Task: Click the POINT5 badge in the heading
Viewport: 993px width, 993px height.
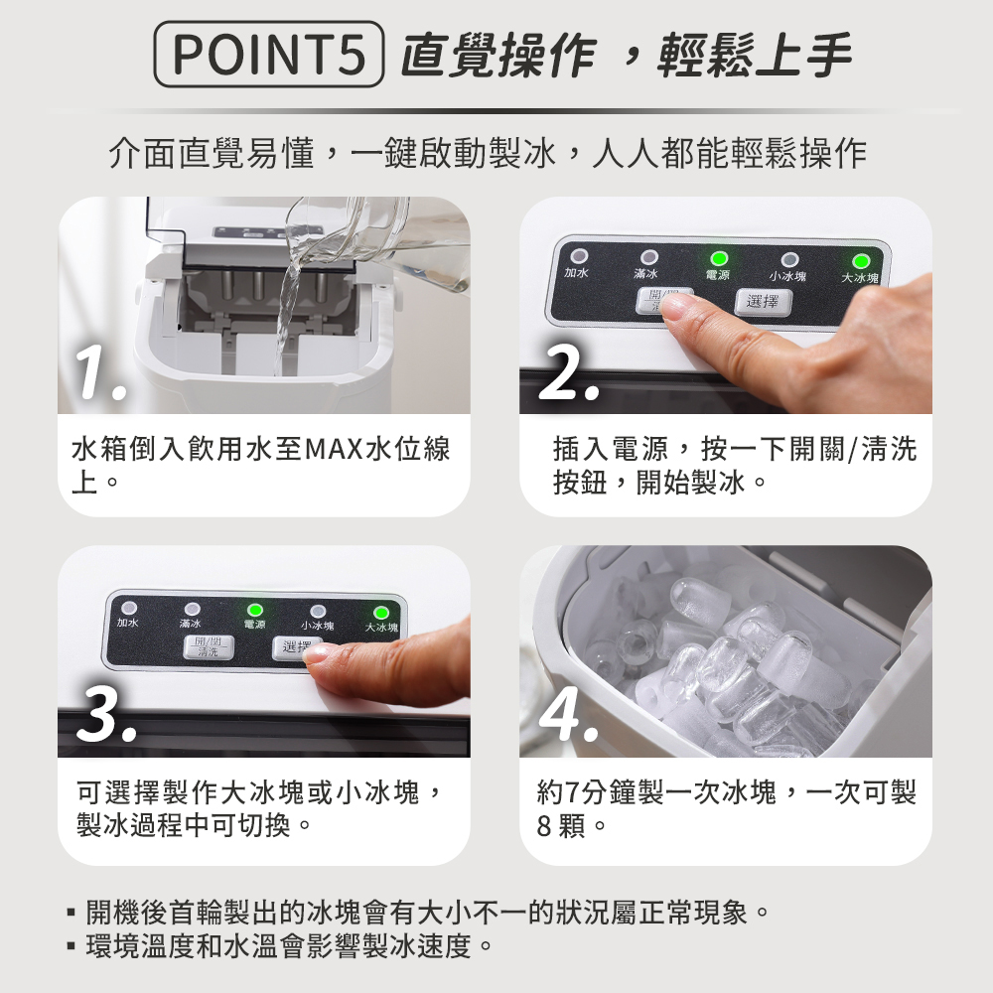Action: (x=268, y=54)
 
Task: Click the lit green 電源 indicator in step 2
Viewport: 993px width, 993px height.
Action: (x=719, y=259)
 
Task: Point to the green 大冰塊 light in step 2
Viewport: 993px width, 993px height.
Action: (x=860, y=261)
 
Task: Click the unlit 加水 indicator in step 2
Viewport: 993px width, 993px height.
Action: (x=578, y=256)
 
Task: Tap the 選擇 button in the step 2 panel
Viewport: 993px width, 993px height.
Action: (x=763, y=302)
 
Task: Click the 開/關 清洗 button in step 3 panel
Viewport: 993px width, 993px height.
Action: (x=209, y=647)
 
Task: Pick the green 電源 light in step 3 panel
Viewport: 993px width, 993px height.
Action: (x=254, y=611)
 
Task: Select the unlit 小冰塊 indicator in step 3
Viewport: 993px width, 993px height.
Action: (x=318, y=612)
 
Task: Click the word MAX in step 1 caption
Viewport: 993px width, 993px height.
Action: (x=334, y=450)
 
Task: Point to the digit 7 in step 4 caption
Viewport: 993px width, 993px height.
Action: (x=572, y=792)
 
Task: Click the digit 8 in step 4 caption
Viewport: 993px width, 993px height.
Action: (x=544, y=826)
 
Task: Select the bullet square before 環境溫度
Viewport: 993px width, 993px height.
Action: (x=71, y=947)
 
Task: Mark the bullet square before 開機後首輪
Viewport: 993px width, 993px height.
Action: (x=71, y=914)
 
